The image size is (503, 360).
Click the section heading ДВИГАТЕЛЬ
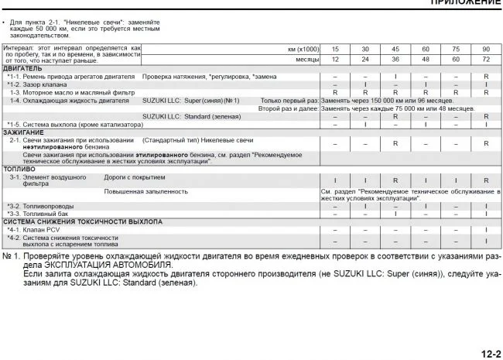[23, 69]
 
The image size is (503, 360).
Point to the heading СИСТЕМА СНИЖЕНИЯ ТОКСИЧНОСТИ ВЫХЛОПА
[83, 221]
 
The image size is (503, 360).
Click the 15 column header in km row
[334, 49]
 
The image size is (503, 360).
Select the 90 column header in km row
[486, 49]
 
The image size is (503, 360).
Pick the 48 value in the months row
[426, 60]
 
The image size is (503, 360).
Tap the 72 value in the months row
[486, 60]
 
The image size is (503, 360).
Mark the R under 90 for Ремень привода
[486, 77]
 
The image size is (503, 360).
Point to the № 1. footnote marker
[11, 255]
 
